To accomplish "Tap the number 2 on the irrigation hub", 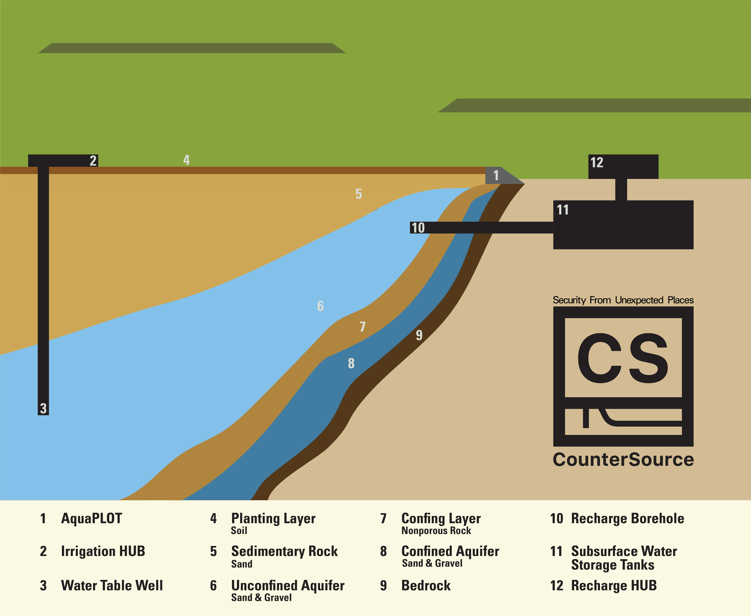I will pos(93,161).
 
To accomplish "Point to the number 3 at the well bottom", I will pos(43,408).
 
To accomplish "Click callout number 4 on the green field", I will pos(186,160).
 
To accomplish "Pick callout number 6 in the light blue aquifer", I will pos(320,306).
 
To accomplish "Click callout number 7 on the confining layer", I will pos(362,326).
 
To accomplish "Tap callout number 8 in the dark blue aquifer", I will pos(351,363).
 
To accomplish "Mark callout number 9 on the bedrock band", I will pos(419,335).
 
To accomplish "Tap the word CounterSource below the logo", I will pos(623,460).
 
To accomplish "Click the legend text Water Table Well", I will pos(112,585).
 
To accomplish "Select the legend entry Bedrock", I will pos(426,585).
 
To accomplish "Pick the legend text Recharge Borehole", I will pos(627,518).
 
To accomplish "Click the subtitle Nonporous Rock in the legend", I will pos(436,531).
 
